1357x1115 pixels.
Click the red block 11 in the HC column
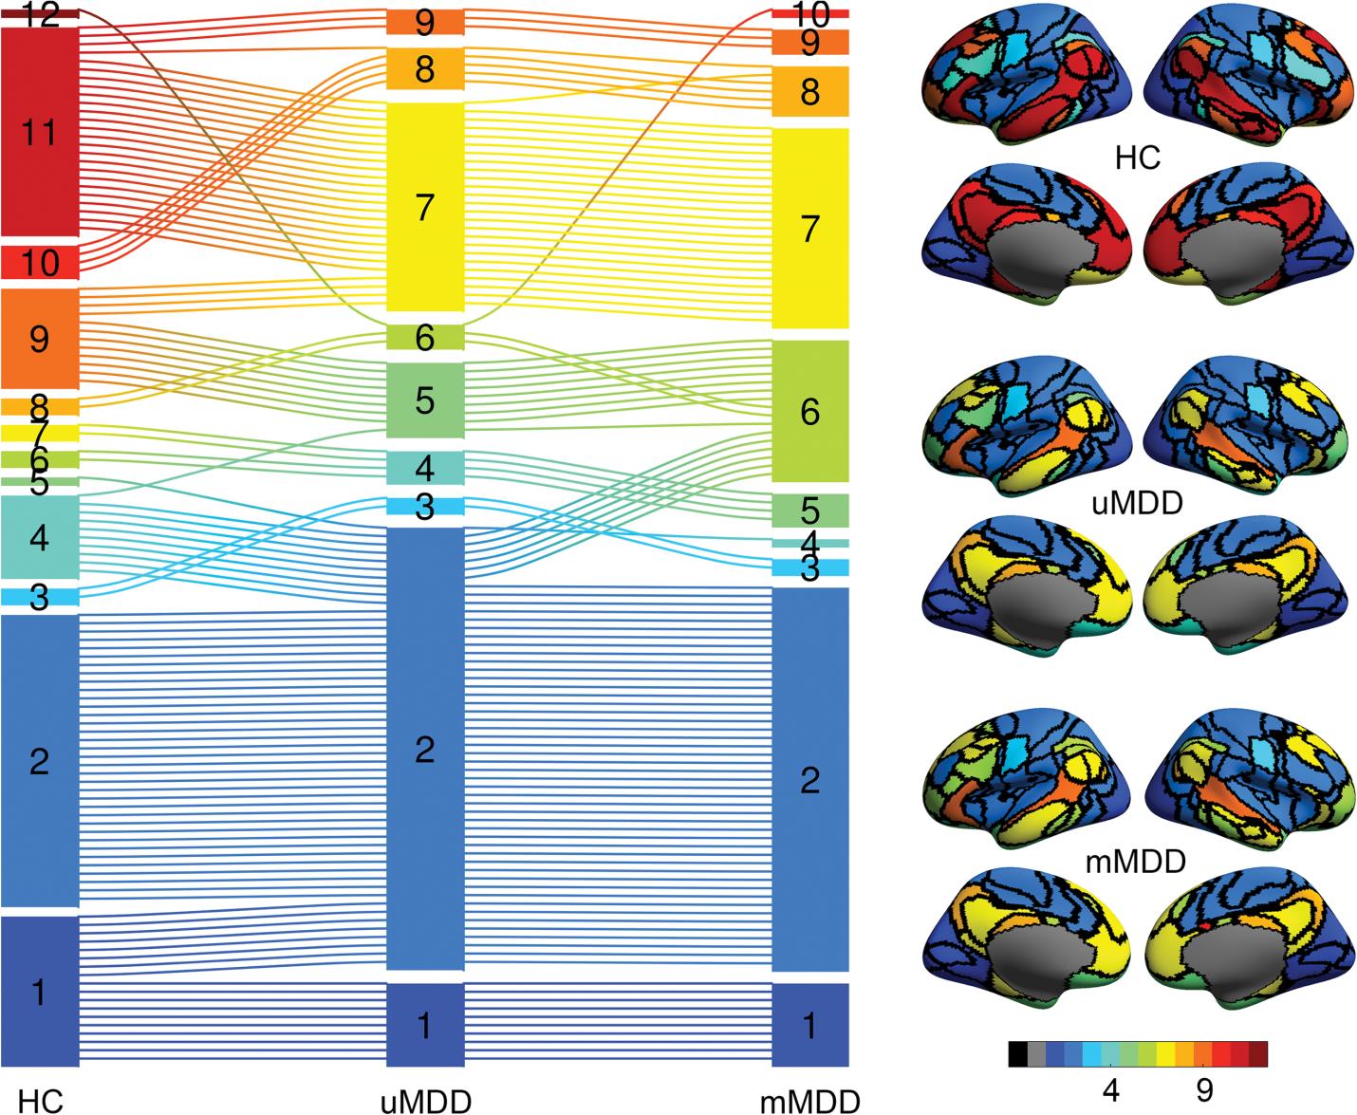coord(39,133)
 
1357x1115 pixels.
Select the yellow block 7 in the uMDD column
coord(425,207)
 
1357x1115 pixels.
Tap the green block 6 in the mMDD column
coord(809,411)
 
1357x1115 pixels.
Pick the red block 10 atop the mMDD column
coord(809,14)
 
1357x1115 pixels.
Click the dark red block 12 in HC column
coord(39,12)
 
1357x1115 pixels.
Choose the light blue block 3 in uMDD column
coord(425,507)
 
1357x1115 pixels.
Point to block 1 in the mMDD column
coord(809,1025)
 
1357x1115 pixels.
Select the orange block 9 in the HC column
coord(39,339)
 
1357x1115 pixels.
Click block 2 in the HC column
coord(39,761)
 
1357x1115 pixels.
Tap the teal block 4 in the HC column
coord(39,538)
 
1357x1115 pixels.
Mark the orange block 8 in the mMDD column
coord(809,92)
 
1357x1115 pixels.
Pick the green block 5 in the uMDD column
coord(425,400)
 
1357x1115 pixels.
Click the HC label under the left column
coord(41,1101)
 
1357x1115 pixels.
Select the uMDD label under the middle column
coord(425,1101)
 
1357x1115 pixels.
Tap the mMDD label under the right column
coord(809,1101)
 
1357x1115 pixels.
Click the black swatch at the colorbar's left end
coord(1017,1054)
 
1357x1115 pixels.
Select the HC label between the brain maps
coord(1138,158)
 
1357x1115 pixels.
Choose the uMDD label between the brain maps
coord(1138,502)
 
